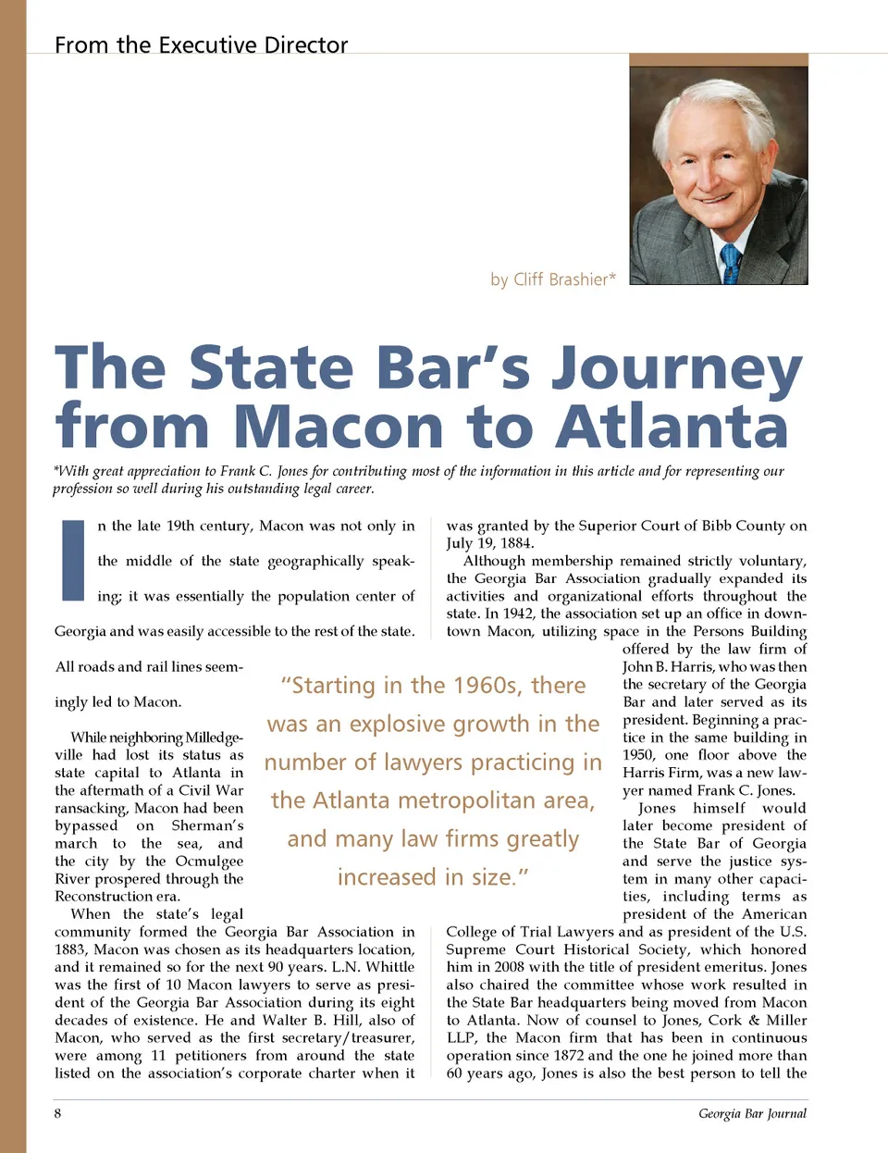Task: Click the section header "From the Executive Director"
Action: coord(201,44)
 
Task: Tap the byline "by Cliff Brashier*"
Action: coord(552,279)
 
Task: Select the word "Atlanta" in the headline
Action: coord(672,427)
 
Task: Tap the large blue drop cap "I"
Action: coord(72,559)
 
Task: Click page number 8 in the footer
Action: coord(57,1113)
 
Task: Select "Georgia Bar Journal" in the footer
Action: coord(752,1113)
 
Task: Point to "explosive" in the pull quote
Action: coord(403,724)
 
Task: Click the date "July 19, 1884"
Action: coord(489,543)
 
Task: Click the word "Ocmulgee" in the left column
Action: coord(209,862)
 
